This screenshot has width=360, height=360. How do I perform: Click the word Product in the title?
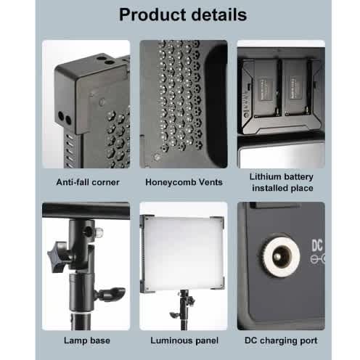[x=153, y=15]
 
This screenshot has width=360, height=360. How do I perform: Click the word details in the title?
[x=219, y=15]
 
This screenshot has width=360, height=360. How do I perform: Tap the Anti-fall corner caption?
[x=88, y=182]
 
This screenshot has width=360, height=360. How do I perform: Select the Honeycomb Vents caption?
[x=184, y=182]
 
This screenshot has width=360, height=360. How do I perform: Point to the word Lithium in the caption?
[x=264, y=176]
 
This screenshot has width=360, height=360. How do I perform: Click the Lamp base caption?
[x=87, y=340]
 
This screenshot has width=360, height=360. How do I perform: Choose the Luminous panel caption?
[x=184, y=340]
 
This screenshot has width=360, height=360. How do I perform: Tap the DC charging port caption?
[x=281, y=340]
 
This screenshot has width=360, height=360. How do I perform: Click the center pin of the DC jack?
[x=280, y=256]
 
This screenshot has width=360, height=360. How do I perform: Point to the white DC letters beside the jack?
[x=317, y=245]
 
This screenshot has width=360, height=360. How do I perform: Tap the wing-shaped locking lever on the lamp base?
[x=112, y=293]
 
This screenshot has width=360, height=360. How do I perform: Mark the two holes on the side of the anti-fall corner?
[x=65, y=118]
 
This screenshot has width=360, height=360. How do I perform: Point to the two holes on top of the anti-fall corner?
[x=105, y=60]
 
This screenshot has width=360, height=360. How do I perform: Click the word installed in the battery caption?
[x=270, y=188]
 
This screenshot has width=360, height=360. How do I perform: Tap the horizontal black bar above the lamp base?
[x=86, y=210]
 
